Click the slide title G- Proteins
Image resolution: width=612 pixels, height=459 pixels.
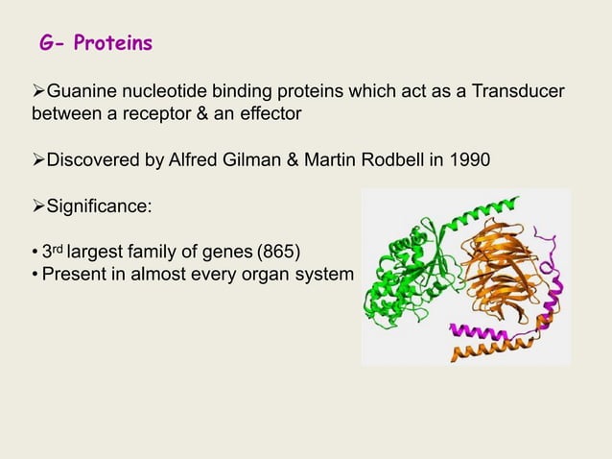(95, 44)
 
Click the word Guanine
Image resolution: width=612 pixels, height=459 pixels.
(81, 92)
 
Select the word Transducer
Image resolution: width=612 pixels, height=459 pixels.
(515, 92)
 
